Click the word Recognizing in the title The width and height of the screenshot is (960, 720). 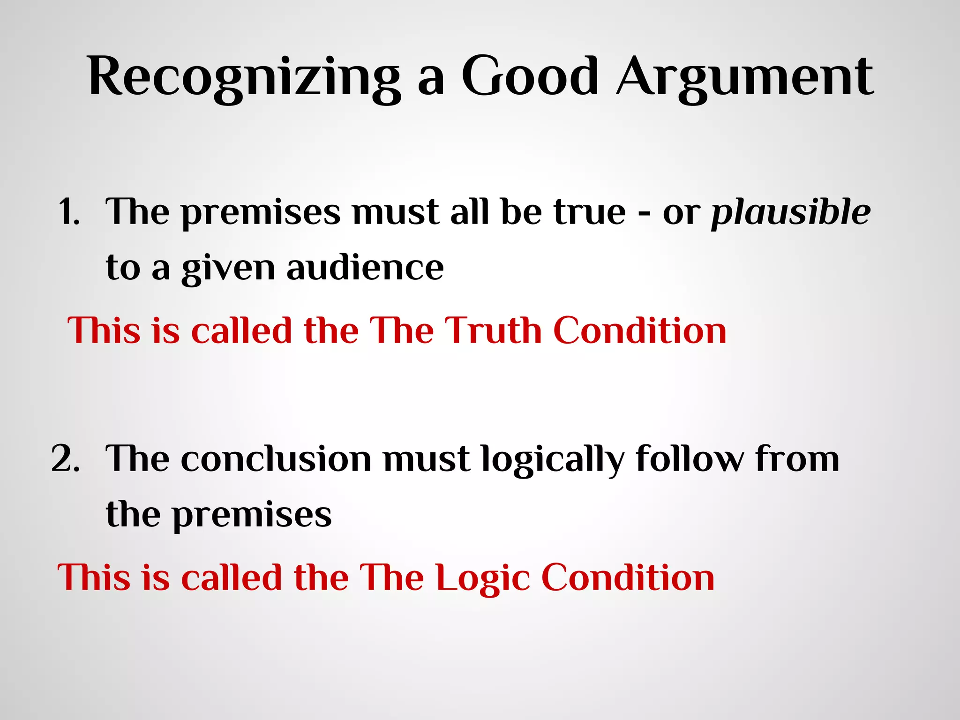tap(244, 77)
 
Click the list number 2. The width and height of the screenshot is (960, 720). tap(65, 458)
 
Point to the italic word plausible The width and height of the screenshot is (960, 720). tap(791, 212)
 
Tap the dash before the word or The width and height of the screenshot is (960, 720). tap(644, 215)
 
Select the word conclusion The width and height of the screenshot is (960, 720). tap(276, 459)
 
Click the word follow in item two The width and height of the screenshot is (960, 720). tap(690, 458)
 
